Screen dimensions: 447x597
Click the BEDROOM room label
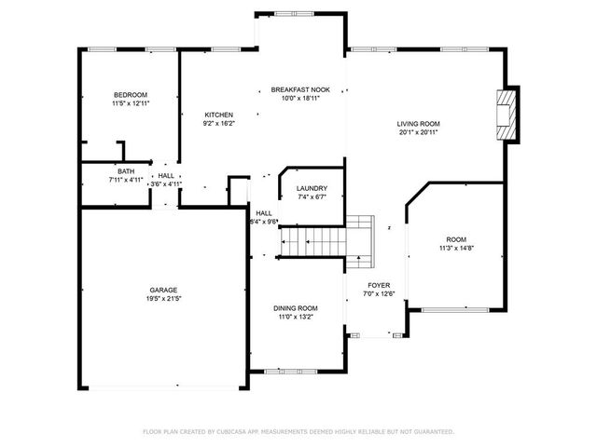click(x=131, y=95)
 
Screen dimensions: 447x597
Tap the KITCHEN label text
click(x=218, y=115)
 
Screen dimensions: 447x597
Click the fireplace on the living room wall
click(x=507, y=116)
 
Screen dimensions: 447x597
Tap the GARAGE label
click(x=163, y=290)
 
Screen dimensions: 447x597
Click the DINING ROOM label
click(x=295, y=308)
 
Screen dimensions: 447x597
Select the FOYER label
click(x=378, y=285)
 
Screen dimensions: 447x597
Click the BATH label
click(x=127, y=170)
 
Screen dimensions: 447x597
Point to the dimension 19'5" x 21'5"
click(x=163, y=299)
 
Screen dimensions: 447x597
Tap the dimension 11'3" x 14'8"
click(x=457, y=249)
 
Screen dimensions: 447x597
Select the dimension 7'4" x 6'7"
click(x=311, y=197)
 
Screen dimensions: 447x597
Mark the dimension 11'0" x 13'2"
click(x=295, y=318)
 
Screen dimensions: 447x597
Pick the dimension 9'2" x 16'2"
click(x=218, y=124)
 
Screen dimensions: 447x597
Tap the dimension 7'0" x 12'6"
click(x=378, y=294)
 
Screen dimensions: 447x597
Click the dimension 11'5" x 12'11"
click(x=131, y=104)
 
